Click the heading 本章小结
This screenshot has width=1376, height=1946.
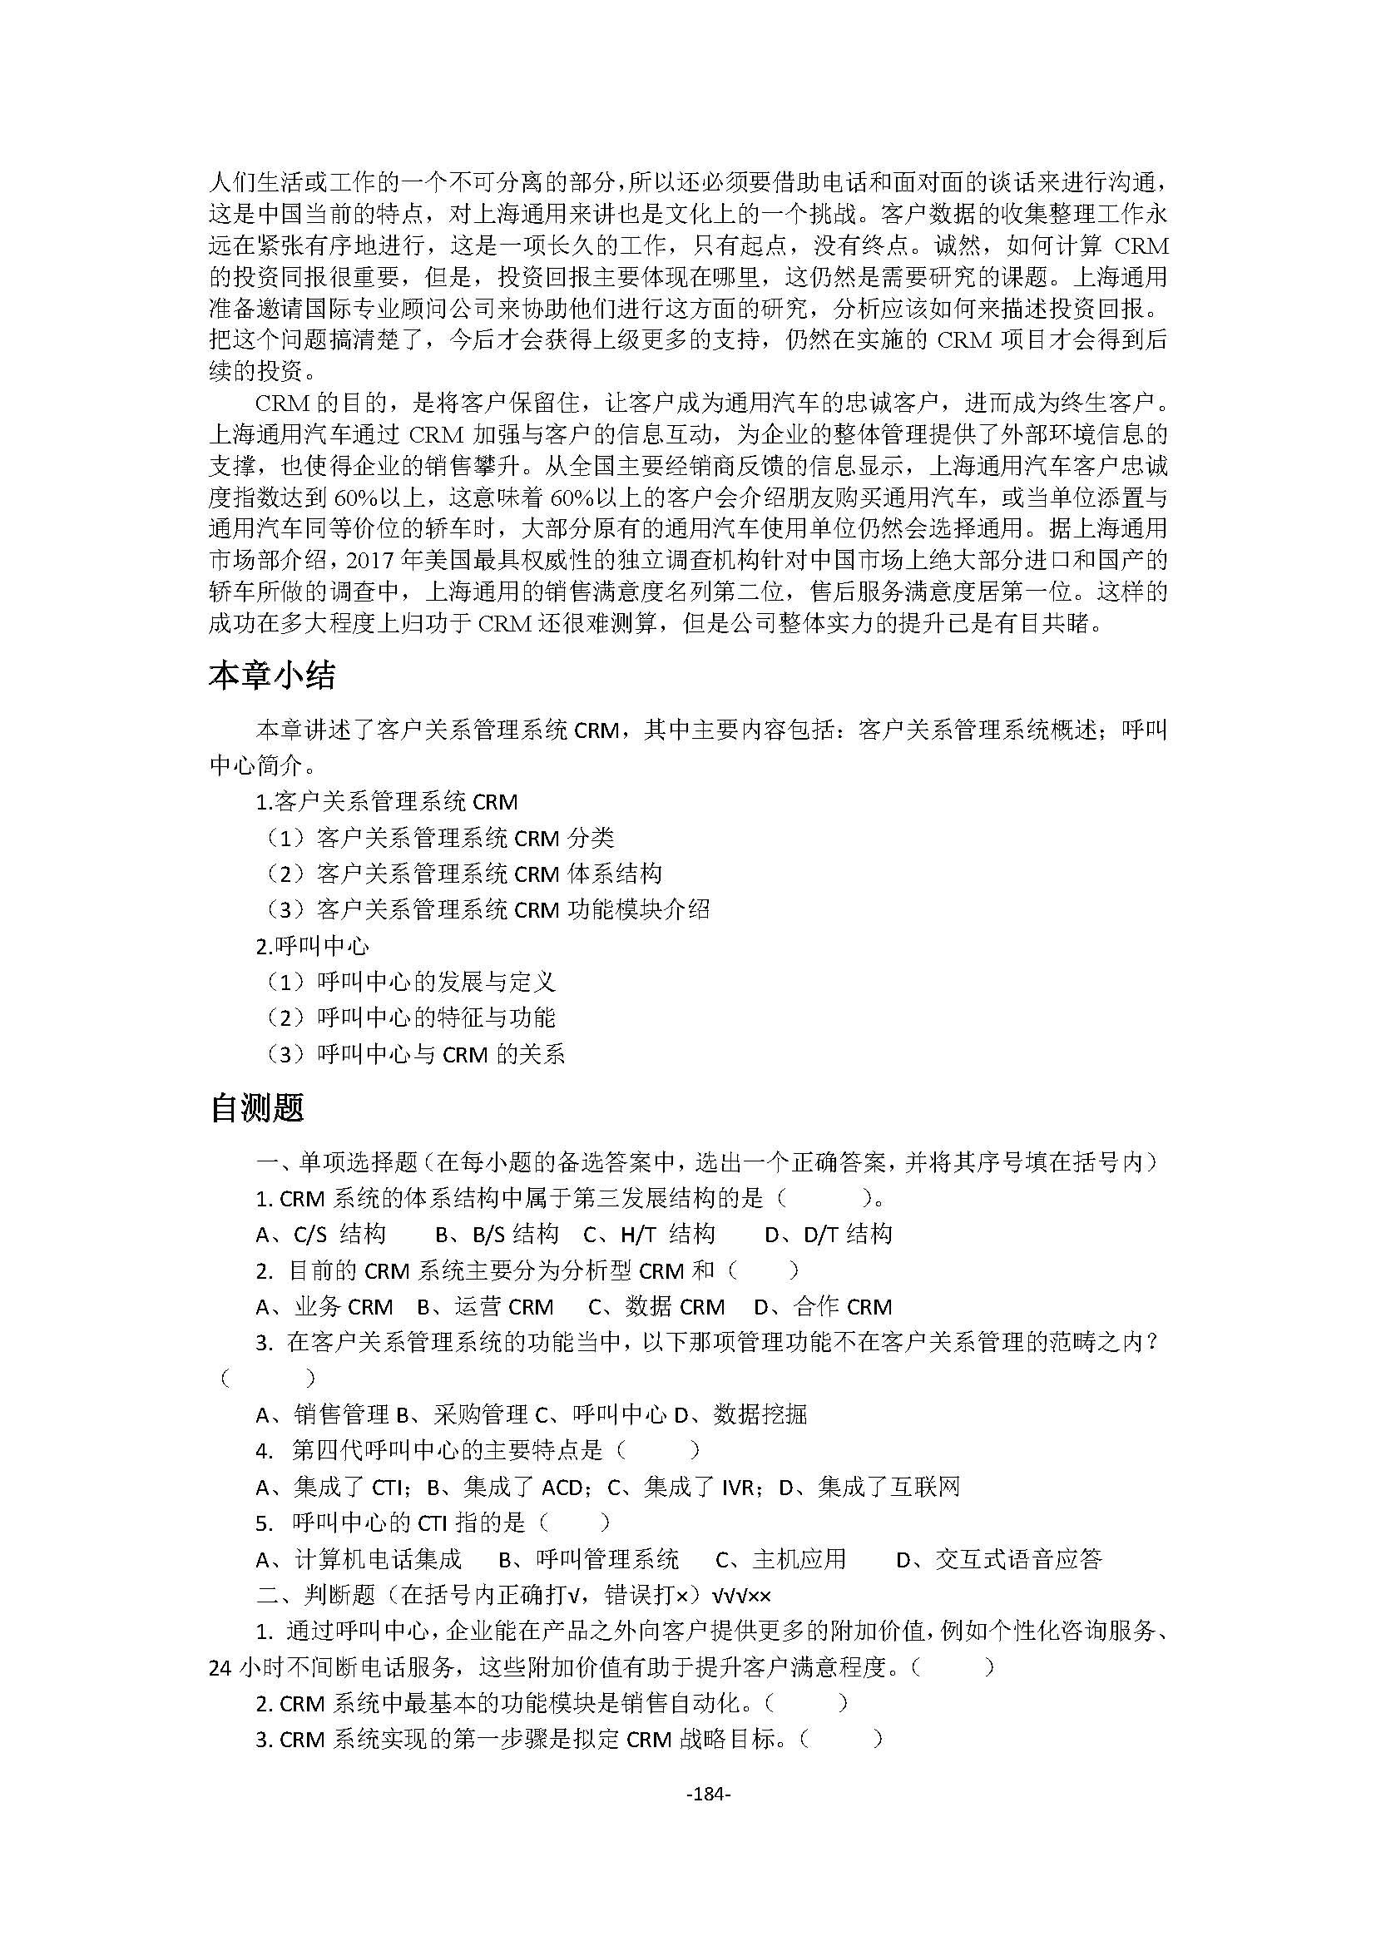pos(272,676)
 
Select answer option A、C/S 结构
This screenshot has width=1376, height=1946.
pos(321,1234)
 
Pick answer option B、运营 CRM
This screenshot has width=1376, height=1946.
pos(485,1307)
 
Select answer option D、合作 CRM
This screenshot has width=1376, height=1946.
pos(823,1307)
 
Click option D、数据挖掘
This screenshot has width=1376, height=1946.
pos(740,1414)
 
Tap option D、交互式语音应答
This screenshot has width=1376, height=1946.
pos(999,1558)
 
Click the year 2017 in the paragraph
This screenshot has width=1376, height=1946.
pos(372,560)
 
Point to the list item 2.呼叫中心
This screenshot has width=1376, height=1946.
pos(312,946)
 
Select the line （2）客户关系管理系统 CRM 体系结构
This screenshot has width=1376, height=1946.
pos(463,873)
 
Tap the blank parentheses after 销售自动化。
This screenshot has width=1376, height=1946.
pos(805,1702)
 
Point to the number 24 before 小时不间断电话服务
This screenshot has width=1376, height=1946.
pos(220,1667)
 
